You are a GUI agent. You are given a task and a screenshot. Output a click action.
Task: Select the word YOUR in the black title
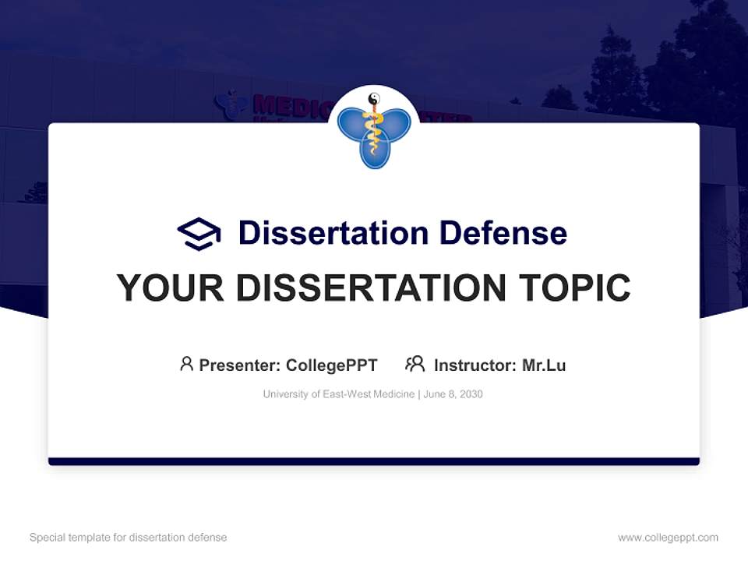pos(171,288)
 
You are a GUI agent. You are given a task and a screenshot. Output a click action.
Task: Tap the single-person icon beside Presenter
pos(186,364)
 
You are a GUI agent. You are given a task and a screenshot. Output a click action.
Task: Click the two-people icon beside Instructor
pos(415,364)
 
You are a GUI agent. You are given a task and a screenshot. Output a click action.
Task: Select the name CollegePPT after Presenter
pos(332,365)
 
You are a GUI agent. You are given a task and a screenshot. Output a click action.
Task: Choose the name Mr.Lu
pos(544,365)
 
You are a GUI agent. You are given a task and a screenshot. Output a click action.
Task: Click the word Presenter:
pos(240,365)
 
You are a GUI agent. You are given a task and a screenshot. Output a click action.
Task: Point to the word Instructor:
pos(475,365)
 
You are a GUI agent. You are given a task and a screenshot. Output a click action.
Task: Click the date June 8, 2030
pos(454,394)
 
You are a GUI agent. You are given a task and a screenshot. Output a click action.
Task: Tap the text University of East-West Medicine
pos(339,394)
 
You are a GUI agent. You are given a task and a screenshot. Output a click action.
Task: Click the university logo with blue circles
pos(374,132)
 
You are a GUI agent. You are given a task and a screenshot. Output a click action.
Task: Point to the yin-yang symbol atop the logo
pos(374,99)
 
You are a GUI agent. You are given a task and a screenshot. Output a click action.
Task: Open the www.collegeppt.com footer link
pos(668,538)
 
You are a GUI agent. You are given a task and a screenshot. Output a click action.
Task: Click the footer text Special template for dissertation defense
pos(129,538)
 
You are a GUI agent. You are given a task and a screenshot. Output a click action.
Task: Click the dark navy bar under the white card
pos(374,461)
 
